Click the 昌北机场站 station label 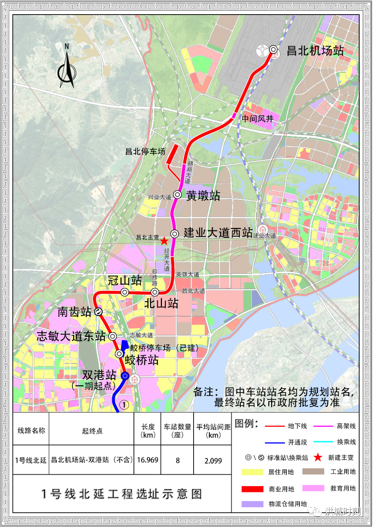coord(315,51)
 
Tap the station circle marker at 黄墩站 coord(178,195)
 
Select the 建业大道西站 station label coord(218,233)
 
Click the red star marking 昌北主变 coord(164,241)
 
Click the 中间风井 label coord(257,119)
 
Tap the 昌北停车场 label coord(145,151)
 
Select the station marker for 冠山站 coord(125,292)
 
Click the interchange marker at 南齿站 coord(98,312)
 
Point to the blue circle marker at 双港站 coord(125,376)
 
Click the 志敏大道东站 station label coord(71,336)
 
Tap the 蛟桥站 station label coord(141,360)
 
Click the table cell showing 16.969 coord(147,460)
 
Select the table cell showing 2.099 coord(213,461)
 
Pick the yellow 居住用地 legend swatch coord(252,472)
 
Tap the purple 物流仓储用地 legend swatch coord(252,504)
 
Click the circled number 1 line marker coord(124,405)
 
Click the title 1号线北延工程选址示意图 coord(122,494)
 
